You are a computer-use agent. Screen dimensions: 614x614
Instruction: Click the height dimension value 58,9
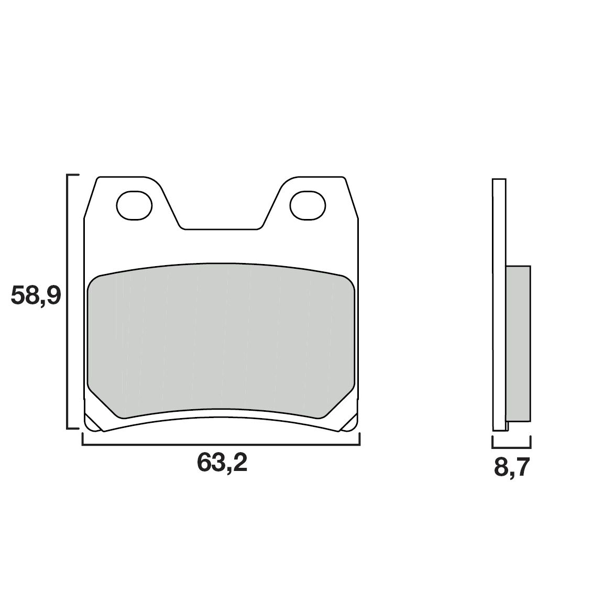[36, 297]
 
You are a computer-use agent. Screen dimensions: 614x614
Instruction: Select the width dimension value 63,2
[222, 463]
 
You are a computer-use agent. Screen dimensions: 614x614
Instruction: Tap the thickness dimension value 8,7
[512, 467]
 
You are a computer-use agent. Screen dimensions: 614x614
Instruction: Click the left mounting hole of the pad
[133, 205]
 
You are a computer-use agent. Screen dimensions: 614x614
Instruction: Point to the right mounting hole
[308, 205]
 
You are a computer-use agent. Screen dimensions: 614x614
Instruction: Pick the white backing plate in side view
[499, 304]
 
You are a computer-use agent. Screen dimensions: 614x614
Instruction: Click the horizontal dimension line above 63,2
[221, 444]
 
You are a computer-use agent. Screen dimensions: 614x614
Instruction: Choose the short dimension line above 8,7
[512, 448]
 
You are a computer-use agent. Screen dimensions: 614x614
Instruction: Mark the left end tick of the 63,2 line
[83, 439]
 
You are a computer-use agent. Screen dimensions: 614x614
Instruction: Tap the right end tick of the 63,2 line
[359, 439]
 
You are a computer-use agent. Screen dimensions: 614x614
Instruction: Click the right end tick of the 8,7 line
[531, 443]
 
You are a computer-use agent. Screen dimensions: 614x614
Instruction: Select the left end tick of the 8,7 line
[492, 443]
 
